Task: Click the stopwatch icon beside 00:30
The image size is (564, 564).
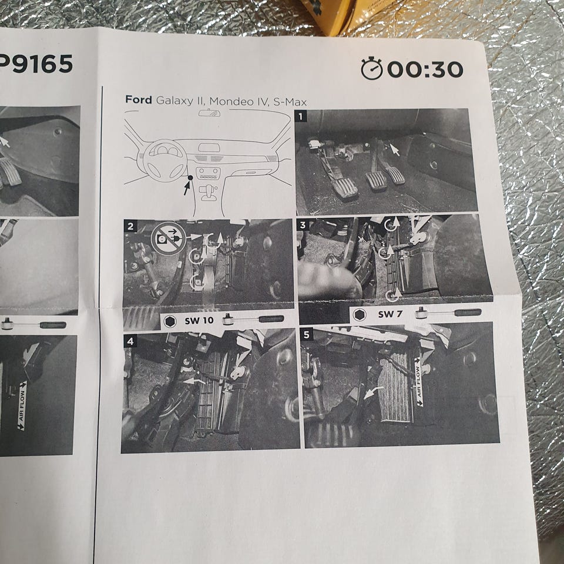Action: click(x=371, y=68)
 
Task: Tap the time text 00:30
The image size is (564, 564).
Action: click(x=425, y=69)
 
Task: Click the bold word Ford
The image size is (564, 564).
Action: click(x=139, y=100)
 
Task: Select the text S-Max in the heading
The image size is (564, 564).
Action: click(x=290, y=102)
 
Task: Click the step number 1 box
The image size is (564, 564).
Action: click(x=301, y=116)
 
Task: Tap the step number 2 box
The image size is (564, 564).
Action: click(x=130, y=226)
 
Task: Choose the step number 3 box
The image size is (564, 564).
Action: click(x=303, y=225)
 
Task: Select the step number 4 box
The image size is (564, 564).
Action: click(x=130, y=341)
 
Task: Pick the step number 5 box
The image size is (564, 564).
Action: click(x=306, y=335)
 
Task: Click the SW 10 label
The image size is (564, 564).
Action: click(x=199, y=320)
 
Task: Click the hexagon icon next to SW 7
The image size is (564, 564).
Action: click(x=360, y=315)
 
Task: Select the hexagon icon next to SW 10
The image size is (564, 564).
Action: click(x=170, y=321)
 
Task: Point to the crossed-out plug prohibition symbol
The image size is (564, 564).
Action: click(x=169, y=239)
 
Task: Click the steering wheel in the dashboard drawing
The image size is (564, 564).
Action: click(x=164, y=161)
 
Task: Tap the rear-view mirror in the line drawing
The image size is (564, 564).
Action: click(x=209, y=113)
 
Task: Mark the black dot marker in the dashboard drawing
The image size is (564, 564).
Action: click(x=190, y=177)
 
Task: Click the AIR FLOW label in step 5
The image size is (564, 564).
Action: click(x=418, y=382)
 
